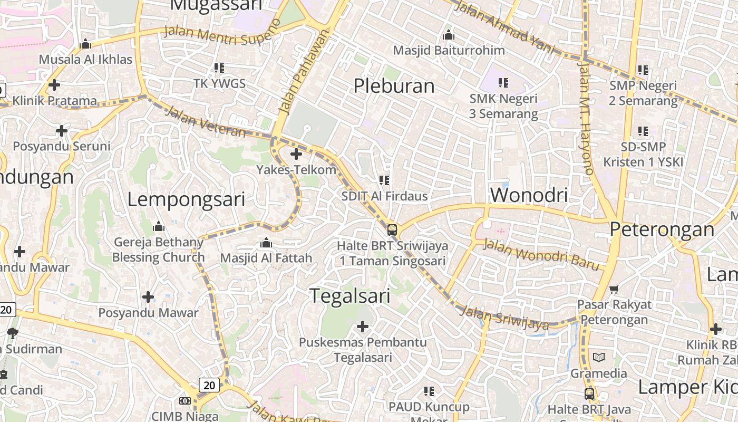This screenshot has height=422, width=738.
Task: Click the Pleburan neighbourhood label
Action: point(394,86)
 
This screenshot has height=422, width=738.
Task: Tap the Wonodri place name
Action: point(528,195)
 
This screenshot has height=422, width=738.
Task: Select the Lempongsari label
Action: point(186,200)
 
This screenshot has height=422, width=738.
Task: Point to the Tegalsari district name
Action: point(349,296)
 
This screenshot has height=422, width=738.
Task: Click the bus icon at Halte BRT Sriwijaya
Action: point(392,230)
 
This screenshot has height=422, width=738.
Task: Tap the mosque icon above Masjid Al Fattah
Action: point(266,243)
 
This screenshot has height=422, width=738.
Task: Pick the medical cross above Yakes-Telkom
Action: point(296,154)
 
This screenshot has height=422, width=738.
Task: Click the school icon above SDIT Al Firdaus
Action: point(384,180)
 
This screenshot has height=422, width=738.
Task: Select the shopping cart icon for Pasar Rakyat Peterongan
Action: point(613,289)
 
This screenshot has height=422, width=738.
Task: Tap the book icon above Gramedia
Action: point(599,358)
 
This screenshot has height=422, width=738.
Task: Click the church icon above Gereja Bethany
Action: point(158,227)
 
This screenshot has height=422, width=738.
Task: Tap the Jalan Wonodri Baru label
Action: point(542,254)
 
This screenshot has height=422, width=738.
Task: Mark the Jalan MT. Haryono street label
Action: point(586,118)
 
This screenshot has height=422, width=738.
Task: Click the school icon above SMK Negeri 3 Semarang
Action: point(503,83)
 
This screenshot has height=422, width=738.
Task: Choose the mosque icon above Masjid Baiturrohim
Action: point(449,35)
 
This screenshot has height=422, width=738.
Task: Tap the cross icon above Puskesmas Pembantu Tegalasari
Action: point(363,327)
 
